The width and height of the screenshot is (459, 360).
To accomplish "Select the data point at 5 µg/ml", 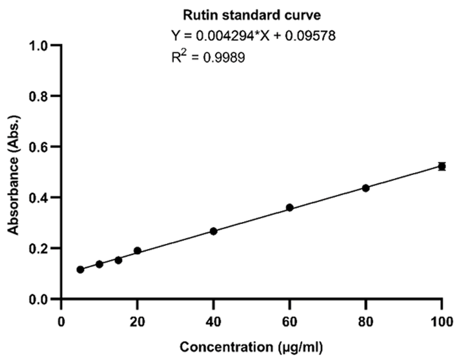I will pyautogui.click(x=80, y=270).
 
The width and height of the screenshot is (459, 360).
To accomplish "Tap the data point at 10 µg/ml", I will pyautogui.click(x=99, y=264).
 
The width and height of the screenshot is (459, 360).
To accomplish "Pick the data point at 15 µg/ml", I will pyautogui.click(x=118, y=260).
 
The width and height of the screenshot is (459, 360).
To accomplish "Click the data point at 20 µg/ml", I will pyautogui.click(x=137, y=251).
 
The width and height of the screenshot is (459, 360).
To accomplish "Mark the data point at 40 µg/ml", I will pyautogui.click(x=213, y=231).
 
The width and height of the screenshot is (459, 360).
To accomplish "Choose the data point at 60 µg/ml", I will pyautogui.click(x=290, y=208).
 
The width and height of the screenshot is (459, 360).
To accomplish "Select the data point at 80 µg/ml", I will pyautogui.click(x=366, y=188).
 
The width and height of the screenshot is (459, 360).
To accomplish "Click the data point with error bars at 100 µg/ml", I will pyautogui.click(x=442, y=166).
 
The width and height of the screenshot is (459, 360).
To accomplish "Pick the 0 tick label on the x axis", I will pyautogui.click(x=62, y=320).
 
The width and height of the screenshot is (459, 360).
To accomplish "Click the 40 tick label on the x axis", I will pyautogui.click(x=213, y=320).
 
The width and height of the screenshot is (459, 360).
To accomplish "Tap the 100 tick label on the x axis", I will pyautogui.click(x=442, y=320).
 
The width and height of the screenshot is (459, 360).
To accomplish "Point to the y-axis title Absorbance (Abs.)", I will pyautogui.click(x=15, y=172).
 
